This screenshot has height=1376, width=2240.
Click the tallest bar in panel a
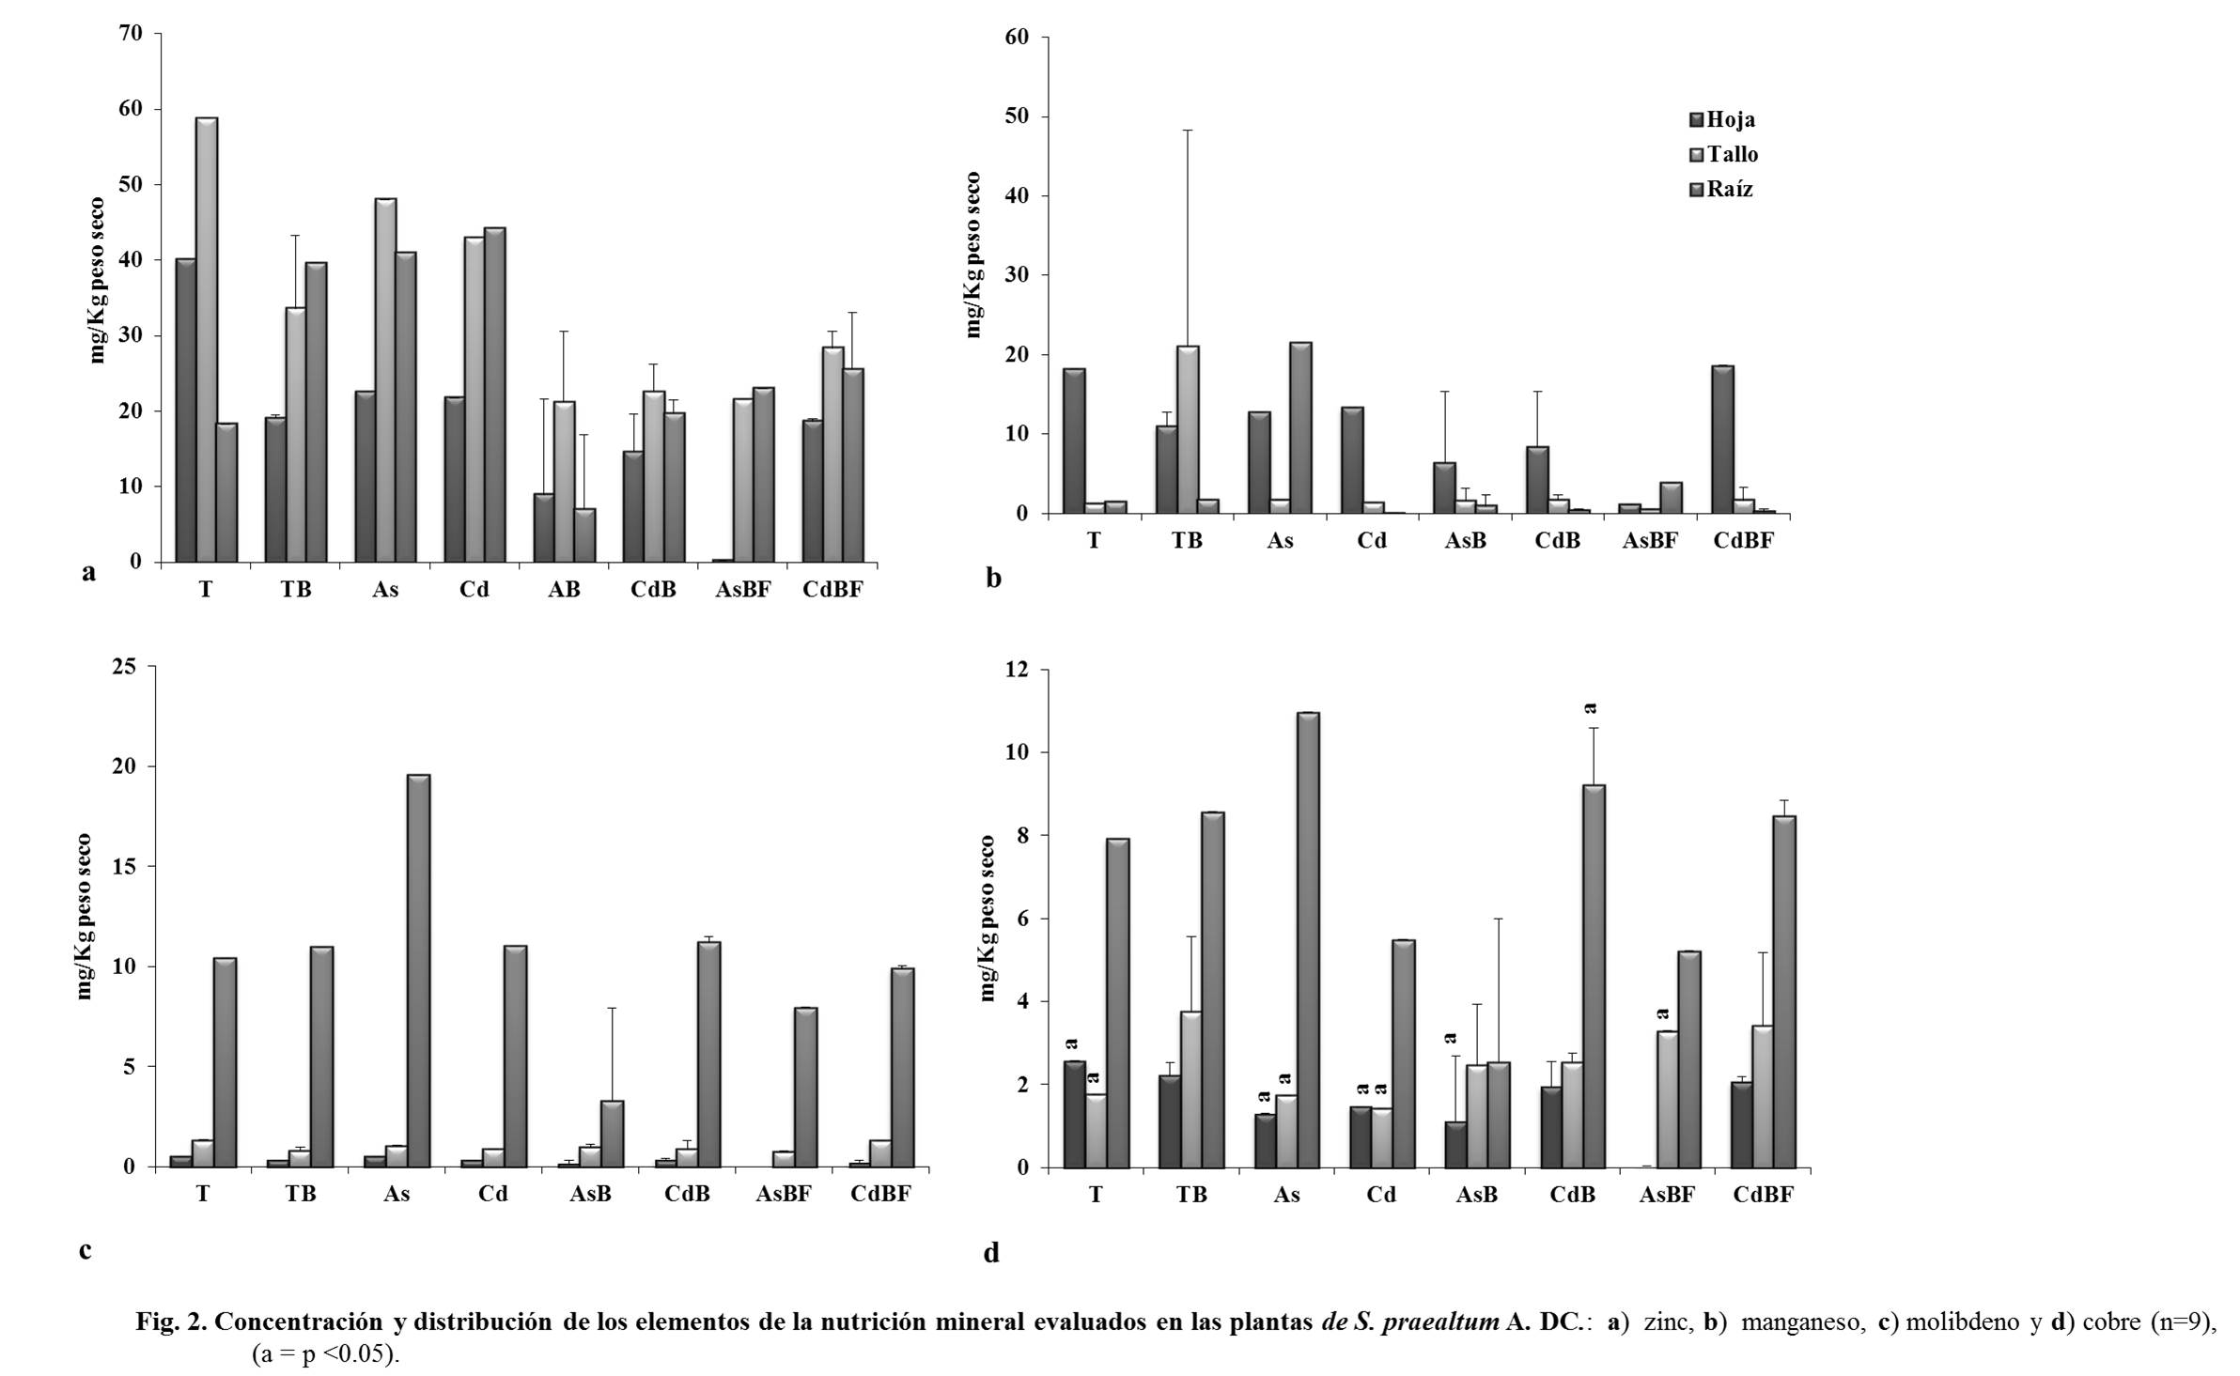[x=207, y=338]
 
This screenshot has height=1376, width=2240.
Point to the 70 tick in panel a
[x=131, y=34]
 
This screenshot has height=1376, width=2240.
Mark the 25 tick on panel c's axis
[x=124, y=667]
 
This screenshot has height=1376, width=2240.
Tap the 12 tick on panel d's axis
[x=1017, y=671]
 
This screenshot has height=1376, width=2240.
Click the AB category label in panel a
[x=564, y=590]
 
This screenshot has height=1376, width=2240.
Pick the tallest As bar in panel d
[x=1308, y=939]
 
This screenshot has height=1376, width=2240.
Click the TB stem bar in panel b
[x=1188, y=429]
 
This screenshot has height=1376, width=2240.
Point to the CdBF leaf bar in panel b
[x=1723, y=440]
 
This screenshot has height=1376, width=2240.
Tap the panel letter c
[x=86, y=1250]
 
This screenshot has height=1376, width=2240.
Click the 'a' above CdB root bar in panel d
[x=1591, y=707]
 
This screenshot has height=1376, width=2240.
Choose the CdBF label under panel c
[x=880, y=1194]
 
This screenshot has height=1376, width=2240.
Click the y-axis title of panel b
[x=973, y=255]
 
